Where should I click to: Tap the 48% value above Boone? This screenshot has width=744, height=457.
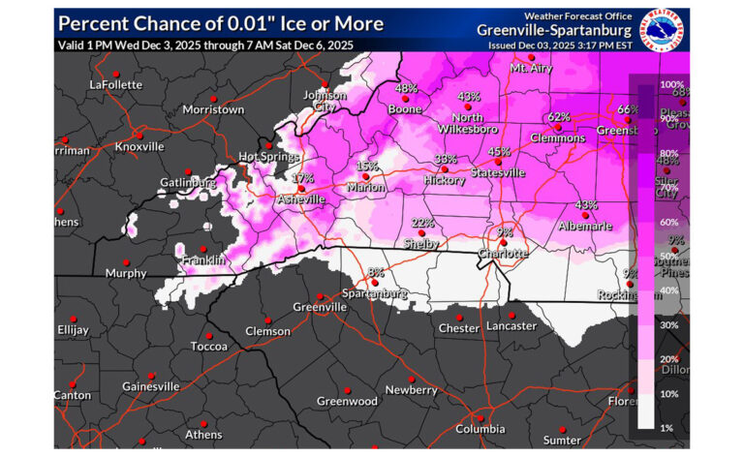pyautogui.click(x=406, y=89)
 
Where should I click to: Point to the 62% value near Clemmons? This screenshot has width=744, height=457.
pyautogui.click(x=558, y=117)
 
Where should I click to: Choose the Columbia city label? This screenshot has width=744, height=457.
pyautogui.click(x=480, y=428)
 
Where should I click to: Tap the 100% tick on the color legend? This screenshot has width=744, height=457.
pyautogui.click(x=671, y=85)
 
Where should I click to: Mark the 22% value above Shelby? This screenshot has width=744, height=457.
pyautogui.click(x=421, y=223)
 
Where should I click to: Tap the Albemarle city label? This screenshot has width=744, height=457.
pyautogui.click(x=585, y=226)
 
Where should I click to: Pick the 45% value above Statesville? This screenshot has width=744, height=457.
pyautogui.click(x=499, y=152)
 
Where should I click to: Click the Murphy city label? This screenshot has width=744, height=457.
pyautogui.click(x=127, y=273)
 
